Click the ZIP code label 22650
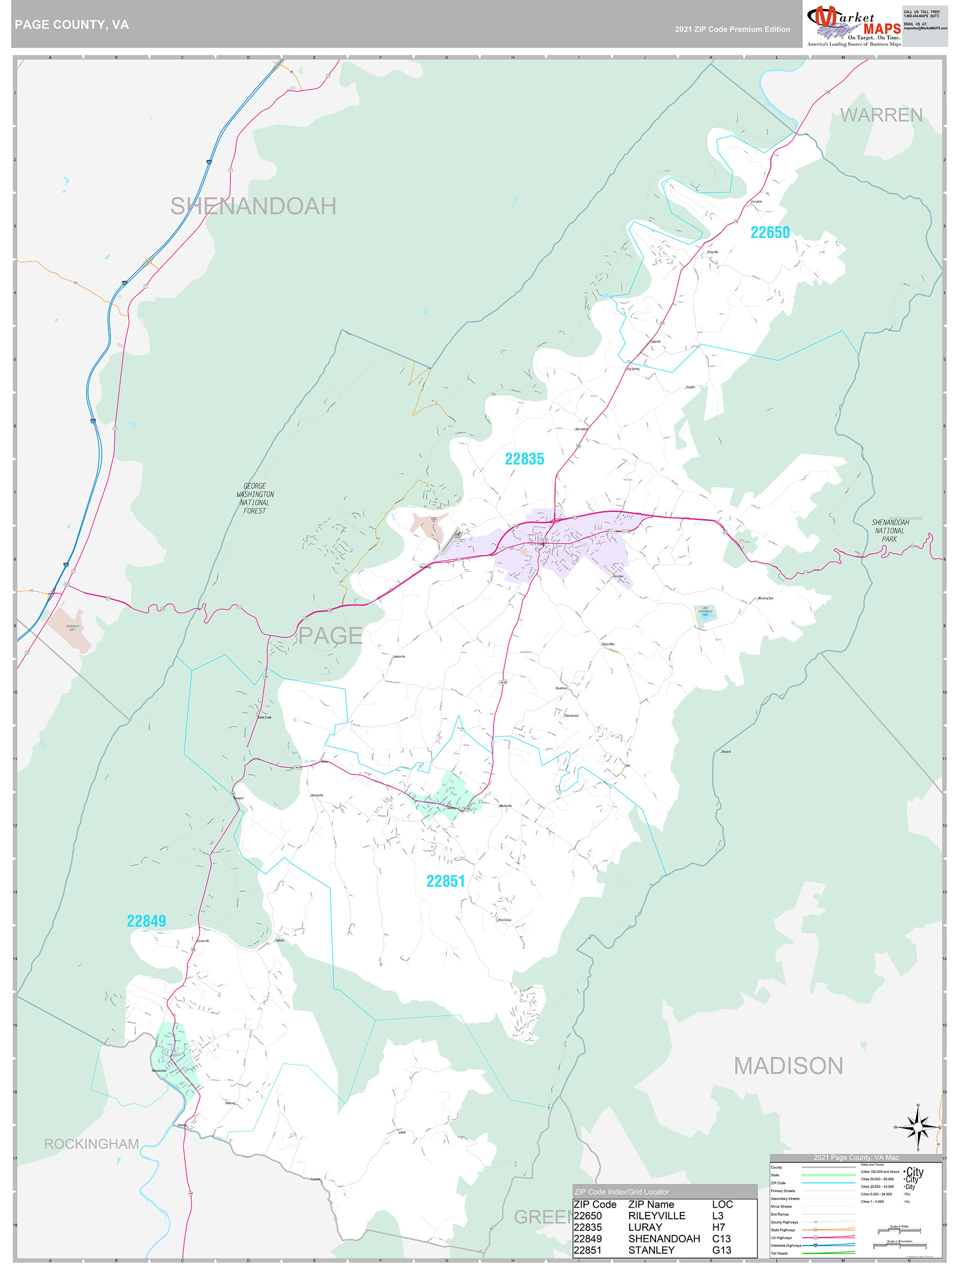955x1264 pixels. (769, 232)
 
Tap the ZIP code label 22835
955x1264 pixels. (524, 459)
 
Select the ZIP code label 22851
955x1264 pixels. (445, 881)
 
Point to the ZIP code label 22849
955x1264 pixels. (146, 921)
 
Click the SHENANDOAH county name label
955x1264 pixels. (253, 206)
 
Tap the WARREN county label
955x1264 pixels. (881, 115)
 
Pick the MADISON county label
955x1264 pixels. (788, 1066)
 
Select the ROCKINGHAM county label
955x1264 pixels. (91, 1144)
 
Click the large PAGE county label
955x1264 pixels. (330, 635)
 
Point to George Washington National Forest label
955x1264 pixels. (255, 498)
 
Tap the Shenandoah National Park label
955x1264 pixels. (890, 530)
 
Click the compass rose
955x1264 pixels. (918, 1127)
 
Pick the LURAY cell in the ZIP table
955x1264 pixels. (645, 1227)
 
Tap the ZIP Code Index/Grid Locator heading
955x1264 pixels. (621, 1192)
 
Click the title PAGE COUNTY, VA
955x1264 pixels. (71, 25)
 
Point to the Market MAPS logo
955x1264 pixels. (853, 24)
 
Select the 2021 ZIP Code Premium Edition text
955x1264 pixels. (732, 29)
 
